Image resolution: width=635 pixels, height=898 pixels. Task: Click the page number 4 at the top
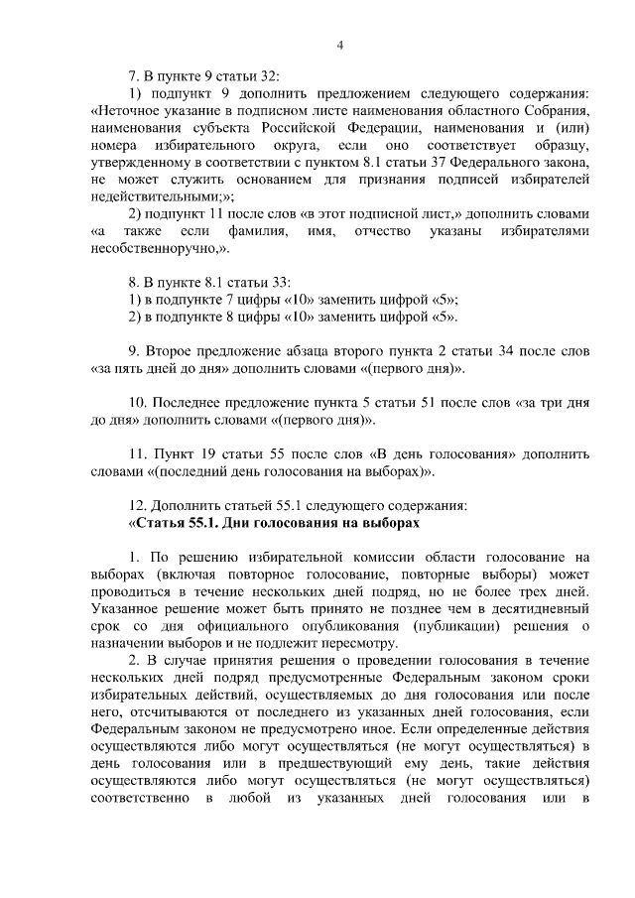(x=339, y=45)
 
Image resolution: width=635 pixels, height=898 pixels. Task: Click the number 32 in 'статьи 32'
(x=270, y=76)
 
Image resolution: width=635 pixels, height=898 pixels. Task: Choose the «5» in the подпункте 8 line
(x=444, y=317)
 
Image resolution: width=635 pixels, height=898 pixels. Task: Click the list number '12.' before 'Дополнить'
(x=139, y=505)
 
